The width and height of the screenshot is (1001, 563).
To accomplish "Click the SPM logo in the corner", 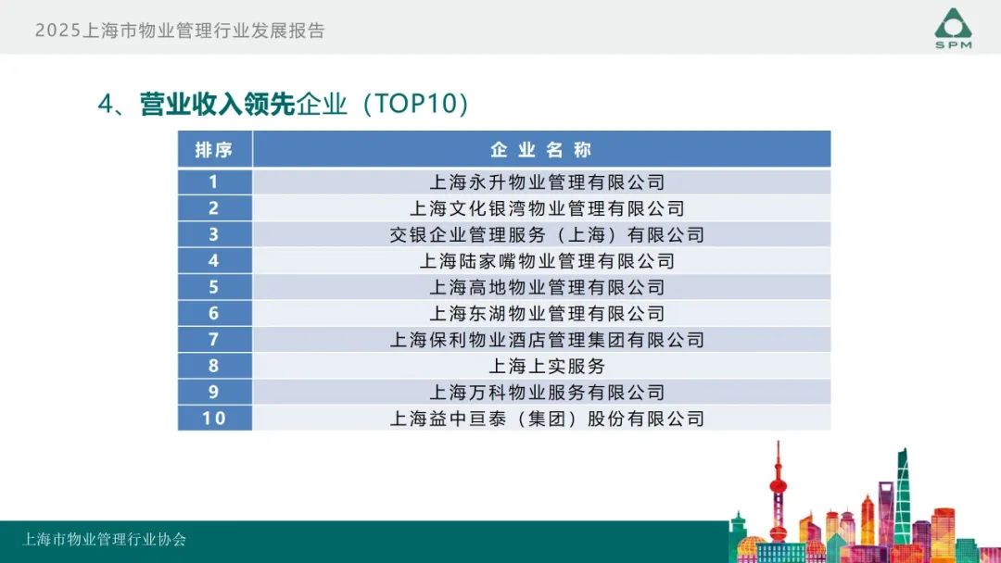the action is coord(953,28).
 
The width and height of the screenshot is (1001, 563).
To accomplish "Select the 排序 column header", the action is coord(214,150).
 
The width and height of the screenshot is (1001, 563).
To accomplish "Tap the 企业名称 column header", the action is coord(541,150).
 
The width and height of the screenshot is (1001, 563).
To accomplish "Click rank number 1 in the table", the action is coord(213,182).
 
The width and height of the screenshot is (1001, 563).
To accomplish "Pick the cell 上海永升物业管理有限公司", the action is coord(547,182).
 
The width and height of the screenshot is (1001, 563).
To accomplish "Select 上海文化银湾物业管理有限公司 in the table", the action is coord(547,208).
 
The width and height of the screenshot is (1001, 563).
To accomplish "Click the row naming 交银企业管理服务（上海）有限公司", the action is coord(547,234).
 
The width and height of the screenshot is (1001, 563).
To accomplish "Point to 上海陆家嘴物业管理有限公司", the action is coord(547,261).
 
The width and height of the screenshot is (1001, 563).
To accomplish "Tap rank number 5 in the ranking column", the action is coord(213,287).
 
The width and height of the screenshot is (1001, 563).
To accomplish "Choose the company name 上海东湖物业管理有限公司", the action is coord(547,313).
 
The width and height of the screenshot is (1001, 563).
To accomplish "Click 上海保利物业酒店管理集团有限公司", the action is coord(547,339).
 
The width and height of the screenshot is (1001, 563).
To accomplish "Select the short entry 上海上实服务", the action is coord(547,366).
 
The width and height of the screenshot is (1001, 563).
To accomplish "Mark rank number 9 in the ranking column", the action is coord(213,392).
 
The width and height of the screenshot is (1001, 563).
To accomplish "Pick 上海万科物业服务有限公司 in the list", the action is coord(547,392).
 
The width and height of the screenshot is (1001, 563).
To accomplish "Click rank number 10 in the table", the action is coord(214,419).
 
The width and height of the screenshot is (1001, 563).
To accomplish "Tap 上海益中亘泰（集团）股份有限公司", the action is coord(547,419).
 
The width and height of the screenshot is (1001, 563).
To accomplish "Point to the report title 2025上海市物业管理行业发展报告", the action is coord(180,30).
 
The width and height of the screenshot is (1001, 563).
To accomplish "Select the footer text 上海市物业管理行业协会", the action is coord(104,540).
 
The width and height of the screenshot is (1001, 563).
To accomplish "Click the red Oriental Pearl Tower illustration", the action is coord(778,491).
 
